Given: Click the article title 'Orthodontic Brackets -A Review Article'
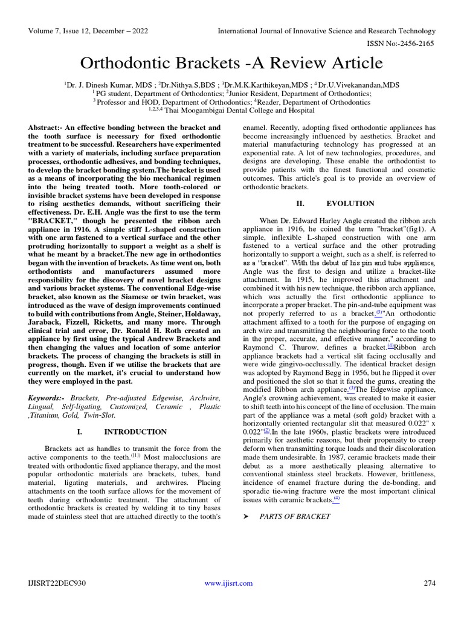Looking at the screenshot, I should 232,63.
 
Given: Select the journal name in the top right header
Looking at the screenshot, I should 326,31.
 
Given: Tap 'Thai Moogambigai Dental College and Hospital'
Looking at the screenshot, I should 236,111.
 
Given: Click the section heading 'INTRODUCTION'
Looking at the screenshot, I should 135,432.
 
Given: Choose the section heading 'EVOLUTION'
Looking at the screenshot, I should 350,203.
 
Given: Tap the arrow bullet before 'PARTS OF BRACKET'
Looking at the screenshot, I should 246,516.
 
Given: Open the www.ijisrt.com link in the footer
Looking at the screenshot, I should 228,583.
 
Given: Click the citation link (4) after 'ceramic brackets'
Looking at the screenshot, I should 337,499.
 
